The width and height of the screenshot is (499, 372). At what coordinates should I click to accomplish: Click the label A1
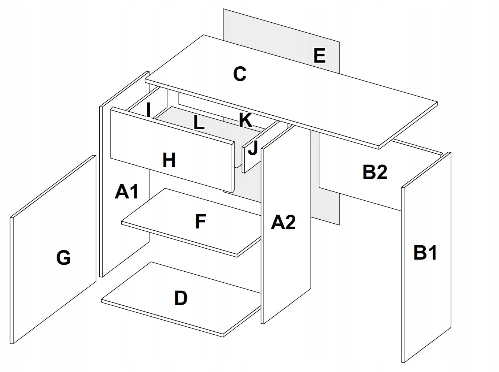126,192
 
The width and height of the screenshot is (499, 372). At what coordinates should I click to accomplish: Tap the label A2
283,222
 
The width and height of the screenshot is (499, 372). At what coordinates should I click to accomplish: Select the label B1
425,253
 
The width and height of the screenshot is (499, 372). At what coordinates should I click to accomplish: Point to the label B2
374,172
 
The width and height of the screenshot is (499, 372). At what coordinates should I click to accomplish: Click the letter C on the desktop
240,74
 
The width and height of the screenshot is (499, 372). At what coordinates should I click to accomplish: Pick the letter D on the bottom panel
181,298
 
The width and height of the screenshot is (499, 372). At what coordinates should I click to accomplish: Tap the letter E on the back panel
319,56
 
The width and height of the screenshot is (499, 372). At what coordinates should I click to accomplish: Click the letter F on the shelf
200,222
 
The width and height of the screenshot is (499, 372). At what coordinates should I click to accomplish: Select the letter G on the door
63,258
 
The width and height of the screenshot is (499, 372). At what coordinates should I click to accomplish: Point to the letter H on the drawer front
169,160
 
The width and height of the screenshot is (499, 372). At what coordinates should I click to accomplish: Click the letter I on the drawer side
148,109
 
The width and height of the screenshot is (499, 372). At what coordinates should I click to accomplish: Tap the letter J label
253,148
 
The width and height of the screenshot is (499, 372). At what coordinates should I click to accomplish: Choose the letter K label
245,120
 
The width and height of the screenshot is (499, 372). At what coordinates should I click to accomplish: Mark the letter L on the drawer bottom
199,123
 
